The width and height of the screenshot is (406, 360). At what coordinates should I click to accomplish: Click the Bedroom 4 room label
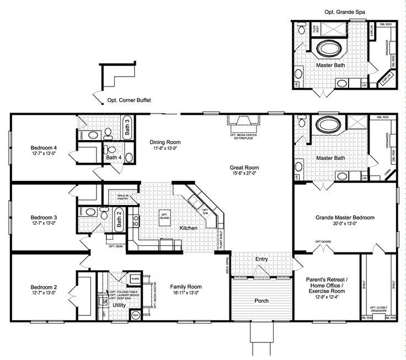coord(44,148)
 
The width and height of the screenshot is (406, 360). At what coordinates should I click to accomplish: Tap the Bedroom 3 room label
coord(44,217)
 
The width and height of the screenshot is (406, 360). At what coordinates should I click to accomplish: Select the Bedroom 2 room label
coord(44,287)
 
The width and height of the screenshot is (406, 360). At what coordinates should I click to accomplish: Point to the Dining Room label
coord(165,142)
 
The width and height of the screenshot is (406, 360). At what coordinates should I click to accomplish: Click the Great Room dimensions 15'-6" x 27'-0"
coord(245,174)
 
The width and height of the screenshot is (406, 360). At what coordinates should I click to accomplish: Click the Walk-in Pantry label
coord(122,197)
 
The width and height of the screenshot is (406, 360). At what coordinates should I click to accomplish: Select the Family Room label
coord(185,287)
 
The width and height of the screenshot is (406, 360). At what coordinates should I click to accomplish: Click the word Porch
coord(261,301)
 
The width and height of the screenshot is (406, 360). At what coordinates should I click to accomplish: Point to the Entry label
coord(261,259)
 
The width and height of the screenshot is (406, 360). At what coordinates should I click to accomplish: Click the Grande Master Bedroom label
coord(345,218)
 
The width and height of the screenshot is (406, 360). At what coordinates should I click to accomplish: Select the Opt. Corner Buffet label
coord(129,100)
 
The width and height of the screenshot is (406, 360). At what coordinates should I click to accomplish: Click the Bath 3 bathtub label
coord(127,127)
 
